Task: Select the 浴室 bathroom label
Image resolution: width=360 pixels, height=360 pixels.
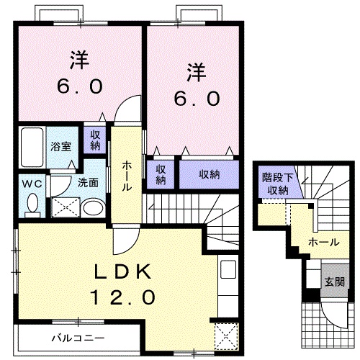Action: coord(60,147)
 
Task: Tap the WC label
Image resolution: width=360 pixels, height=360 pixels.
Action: coord(31,183)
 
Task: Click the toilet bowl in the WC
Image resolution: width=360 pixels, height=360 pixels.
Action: coord(31,205)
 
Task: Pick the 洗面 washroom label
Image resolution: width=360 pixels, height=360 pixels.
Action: coord(88,183)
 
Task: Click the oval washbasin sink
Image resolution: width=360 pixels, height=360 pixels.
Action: coord(92,208)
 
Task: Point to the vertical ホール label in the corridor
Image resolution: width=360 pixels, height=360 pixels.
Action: coord(127,176)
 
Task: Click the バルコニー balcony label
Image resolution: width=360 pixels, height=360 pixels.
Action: coord(78,337)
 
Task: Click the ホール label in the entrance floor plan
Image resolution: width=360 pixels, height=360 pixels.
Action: coord(323,243)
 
